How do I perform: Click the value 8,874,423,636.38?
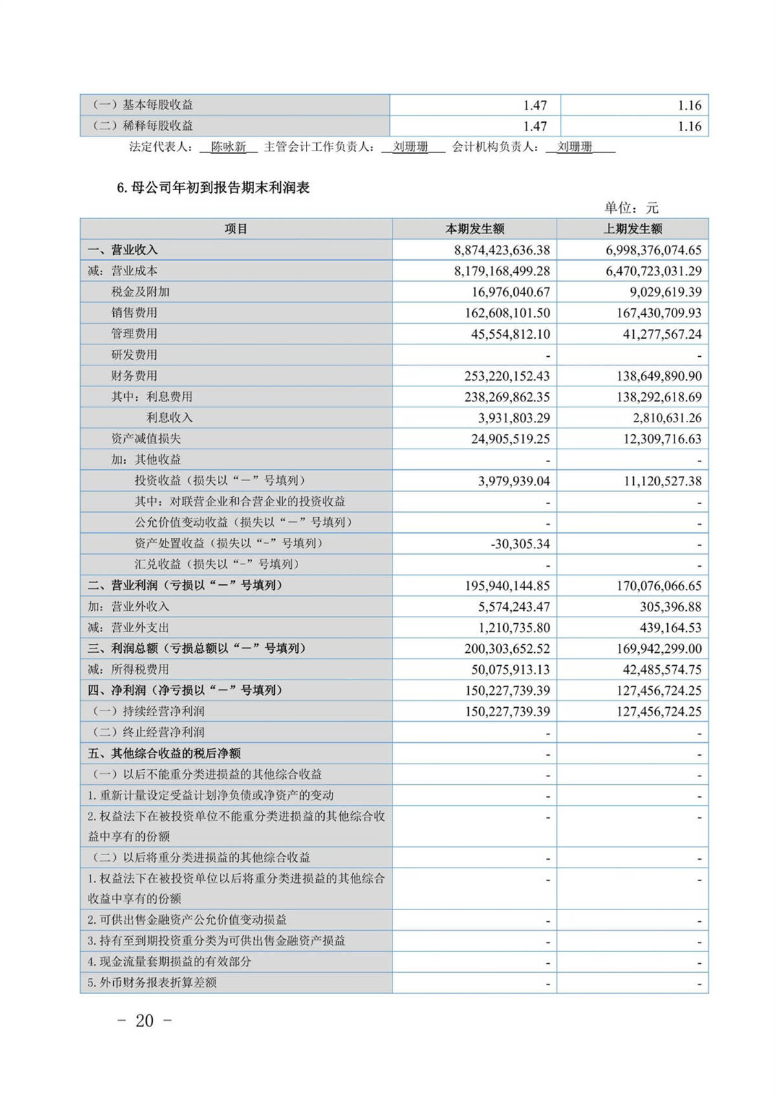click(x=502, y=250)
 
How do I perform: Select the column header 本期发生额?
click(x=475, y=229)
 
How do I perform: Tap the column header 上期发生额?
click(x=632, y=229)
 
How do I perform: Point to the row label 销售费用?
click(x=134, y=313)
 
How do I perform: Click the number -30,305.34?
click(x=520, y=544)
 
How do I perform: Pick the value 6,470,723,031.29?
click(x=653, y=271)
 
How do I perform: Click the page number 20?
click(x=145, y=1021)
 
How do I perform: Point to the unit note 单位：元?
click(x=631, y=208)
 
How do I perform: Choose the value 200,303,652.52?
click(x=507, y=648)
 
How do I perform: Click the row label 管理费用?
click(x=134, y=334)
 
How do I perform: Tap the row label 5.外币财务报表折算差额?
click(x=152, y=983)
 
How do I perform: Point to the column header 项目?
click(x=236, y=229)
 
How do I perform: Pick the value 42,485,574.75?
click(x=658, y=670)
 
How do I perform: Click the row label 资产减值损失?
click(x=145, y=439)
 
